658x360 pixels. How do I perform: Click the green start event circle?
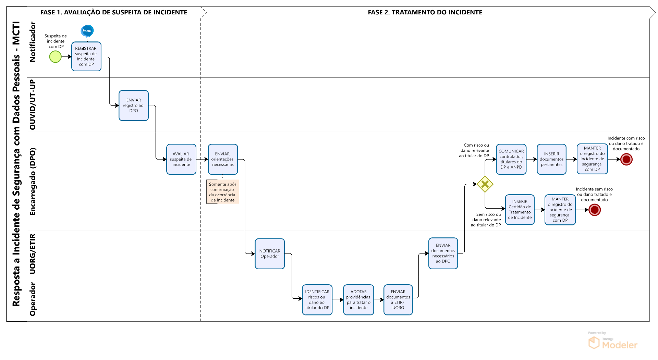click(x=55, y=57)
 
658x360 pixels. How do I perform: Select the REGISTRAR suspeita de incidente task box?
click(x=86, y=57)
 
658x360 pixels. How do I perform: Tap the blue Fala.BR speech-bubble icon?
click(x=87, y=31)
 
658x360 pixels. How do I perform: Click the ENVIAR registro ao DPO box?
click(x=134, y=105)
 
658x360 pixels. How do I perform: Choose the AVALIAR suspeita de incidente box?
click(x=181, y=159)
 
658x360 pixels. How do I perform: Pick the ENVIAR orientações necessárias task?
click(x=223, y=159)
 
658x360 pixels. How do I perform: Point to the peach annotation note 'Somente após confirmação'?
click(x=223, y=192)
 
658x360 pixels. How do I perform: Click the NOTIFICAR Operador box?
click(x=270, y=254)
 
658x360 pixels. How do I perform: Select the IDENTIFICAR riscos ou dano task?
click(x=317, y=300)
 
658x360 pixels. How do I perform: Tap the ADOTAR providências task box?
click(x=358, y=300)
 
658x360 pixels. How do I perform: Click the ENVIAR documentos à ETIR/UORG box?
click(x=398, y=300)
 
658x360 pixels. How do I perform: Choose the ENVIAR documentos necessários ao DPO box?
click(x=443, y=253)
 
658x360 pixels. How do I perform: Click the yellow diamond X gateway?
click(x=485, y=184)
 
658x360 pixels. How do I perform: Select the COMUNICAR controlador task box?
click(x=511, y=159)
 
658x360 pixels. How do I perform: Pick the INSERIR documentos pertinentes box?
click(x=552, y=159)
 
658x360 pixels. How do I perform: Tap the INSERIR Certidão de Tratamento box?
click(x=520, y=210)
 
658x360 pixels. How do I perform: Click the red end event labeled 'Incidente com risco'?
click(x=626, y=159)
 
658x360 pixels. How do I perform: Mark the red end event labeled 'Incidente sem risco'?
click(x=595, y=210)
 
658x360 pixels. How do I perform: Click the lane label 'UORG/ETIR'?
click(x=33, y=254)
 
